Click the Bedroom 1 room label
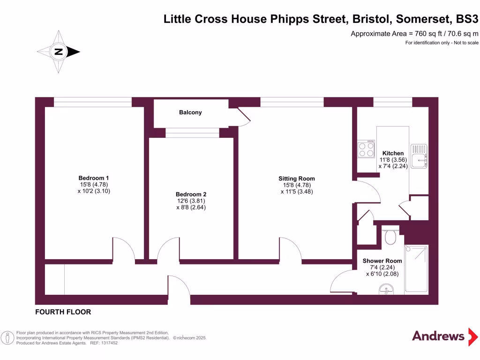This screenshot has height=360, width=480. pyautogui.click(x=94, y=178)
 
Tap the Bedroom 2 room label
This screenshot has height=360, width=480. pyautogui.click(x=191, y=195)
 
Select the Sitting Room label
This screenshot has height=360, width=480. pyautogui.click(x=297, y=179)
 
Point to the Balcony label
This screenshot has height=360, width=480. pyautogui.click(x=190, y=112)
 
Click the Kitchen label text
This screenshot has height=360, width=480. pyautogui.click(x=393, y=153)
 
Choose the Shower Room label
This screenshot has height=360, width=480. pyautogui.click(x=382, y=261)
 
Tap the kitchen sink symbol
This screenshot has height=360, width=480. pyautogui.click(x=419, y=156)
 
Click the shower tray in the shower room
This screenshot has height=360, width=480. pyautogui.click(x=416, y=269)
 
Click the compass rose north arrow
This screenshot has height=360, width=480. pyautogui.click(x=59, y=52)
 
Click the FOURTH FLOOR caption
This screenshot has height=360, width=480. pyautogui.click(x=63, y=312)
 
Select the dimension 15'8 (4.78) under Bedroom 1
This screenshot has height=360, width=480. pyautogui.click(x=94, y=185)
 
